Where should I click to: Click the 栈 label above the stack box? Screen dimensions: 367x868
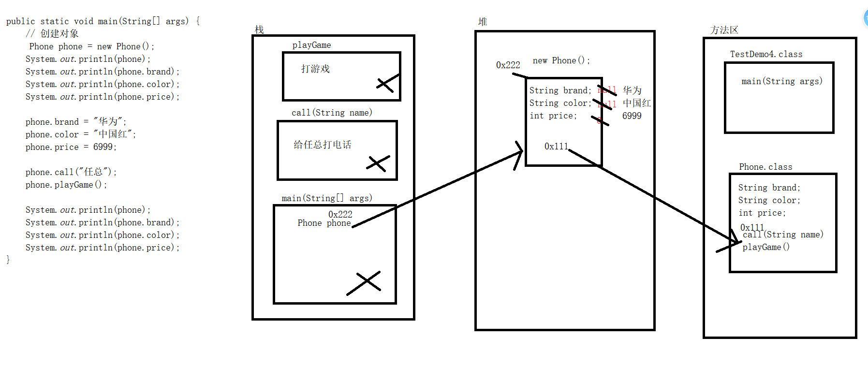(259, 30)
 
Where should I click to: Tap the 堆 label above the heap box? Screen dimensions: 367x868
(483, 22)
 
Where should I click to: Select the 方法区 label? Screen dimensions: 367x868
(724, 30)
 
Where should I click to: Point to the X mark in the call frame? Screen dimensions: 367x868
(377, 163)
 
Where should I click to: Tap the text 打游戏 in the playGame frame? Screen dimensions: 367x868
(315, 69)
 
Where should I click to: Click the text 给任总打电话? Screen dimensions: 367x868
(323, 145)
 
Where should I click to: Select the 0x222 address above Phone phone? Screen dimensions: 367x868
(340, 214)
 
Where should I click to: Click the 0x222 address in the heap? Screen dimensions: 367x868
(508, 65)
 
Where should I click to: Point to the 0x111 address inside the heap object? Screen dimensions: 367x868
(556, 146)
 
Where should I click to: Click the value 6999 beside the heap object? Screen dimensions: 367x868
(632, 116)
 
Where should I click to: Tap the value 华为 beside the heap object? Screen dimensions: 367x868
(632, 90)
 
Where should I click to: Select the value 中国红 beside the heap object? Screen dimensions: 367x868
(636, 103)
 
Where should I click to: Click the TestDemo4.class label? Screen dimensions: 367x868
(766, 54)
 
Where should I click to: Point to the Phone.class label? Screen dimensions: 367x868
(765, 167)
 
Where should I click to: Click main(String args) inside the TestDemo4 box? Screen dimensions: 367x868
(782, 81)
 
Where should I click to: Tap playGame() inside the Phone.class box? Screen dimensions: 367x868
(766, 247)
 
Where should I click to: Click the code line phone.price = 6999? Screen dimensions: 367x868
(71, 147)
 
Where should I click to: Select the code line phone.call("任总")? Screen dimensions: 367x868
(71, 172)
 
